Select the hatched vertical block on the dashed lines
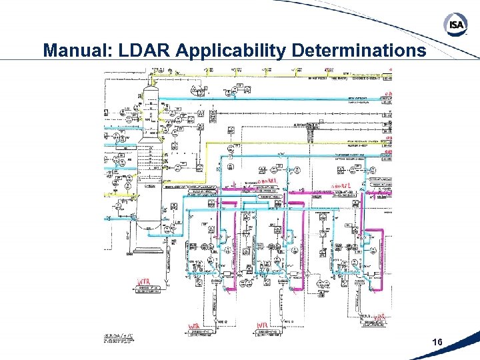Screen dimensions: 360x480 click(x=310, y=132)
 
